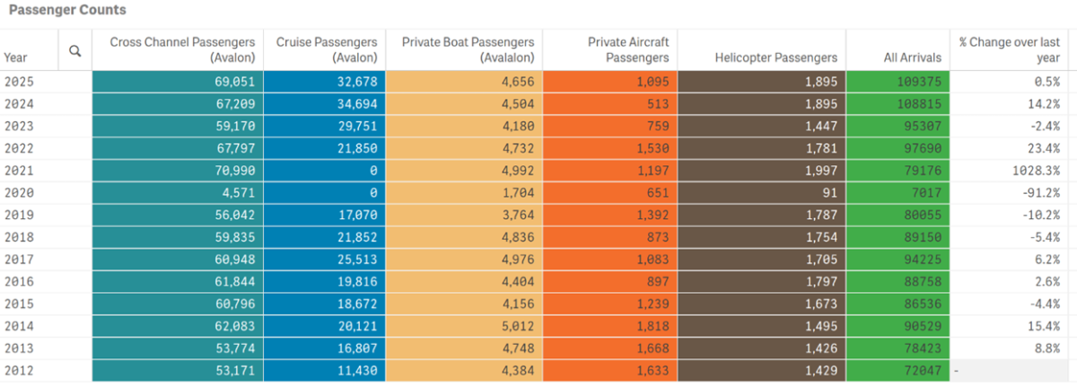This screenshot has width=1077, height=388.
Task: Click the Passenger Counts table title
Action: [67, 10]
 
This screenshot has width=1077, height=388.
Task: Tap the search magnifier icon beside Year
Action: [75, 51]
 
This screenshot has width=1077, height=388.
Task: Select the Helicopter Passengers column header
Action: [775, 57]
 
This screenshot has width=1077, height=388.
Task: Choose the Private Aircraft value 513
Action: [654, 102]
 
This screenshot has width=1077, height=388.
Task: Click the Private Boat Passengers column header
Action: [468, 49]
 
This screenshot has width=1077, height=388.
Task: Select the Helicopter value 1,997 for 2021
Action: [820, 170]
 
